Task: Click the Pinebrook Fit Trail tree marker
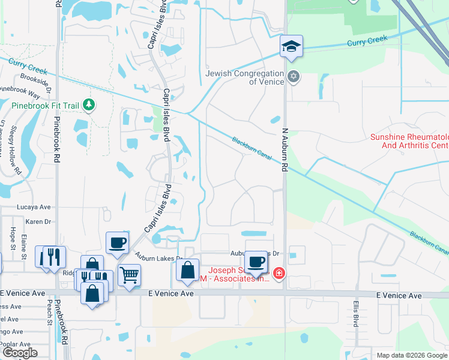point(89,106)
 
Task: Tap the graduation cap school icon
point(291,46)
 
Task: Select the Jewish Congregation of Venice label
point(244,77)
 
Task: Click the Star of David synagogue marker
point(294,76)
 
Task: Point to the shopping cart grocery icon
point(129,275)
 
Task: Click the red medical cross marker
point(279,274)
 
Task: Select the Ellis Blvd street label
point(356,319)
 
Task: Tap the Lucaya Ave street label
point(37,206)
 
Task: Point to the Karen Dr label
point(37,221)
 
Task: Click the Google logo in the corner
point(20,353)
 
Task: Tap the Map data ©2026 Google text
point(411,355)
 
